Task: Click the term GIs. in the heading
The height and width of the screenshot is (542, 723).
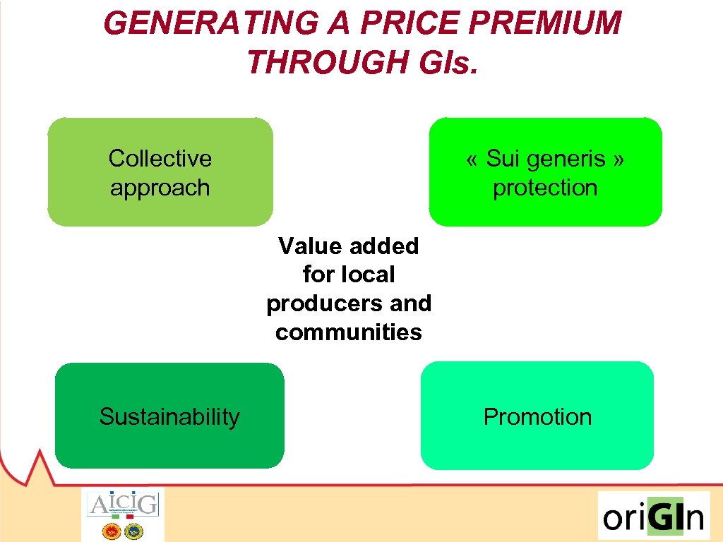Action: pyautogui.click(x=443, y=62)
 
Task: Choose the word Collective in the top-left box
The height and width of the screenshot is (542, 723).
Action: pyautogui.click(x=160, y=158)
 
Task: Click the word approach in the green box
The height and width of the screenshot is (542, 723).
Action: pyautogui.click(x=160, y=188)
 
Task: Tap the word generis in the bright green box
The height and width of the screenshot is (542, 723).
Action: pyautogui.click(x=546, y=158)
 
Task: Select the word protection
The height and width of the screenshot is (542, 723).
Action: pyautogui.click(x=545, y=188)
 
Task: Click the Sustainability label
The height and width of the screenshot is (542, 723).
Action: pyautogui.click(x=169, y=416)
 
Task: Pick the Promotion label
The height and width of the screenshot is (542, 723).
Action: pyautogui.click(x=537, y=416)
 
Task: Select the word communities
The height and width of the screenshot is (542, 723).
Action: pyautogui.click(x=349, y=332)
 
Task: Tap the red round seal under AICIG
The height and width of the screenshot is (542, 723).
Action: pyautogui.click(x=112, y=531)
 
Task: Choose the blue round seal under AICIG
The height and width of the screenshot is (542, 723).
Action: pyautogui.click(x=133, y=531)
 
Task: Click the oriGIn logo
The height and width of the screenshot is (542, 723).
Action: pyautogui.click(x=653, y=517)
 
